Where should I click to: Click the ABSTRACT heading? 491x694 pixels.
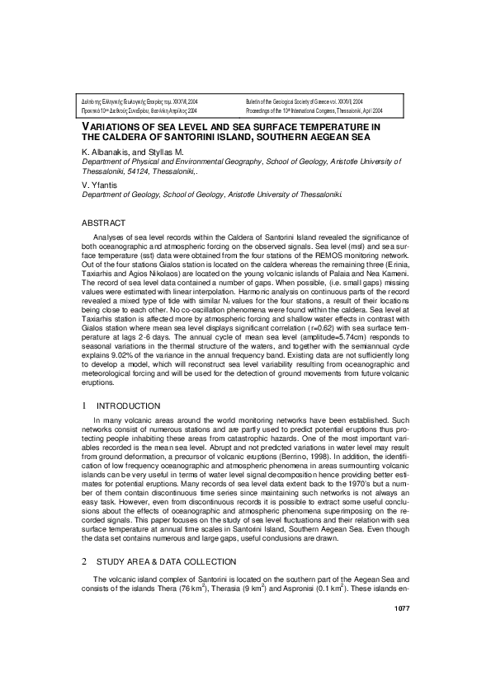103,223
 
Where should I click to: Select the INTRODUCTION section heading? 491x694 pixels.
129,406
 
